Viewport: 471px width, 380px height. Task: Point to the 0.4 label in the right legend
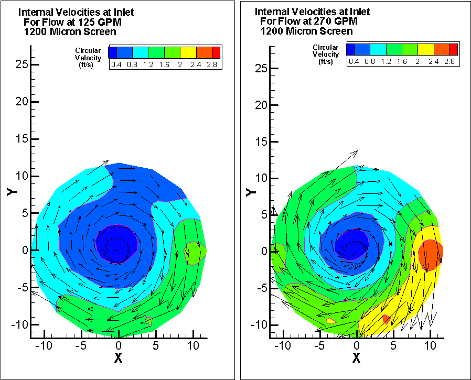coord(354,61)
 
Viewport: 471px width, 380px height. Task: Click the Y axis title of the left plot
coord(12,190)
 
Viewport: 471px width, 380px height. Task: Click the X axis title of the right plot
coord(357,358)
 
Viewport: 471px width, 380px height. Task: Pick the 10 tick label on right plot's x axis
coord(431,346)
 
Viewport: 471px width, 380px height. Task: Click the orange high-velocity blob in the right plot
coord(431,254)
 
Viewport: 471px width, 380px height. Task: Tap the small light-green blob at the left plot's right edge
coord(195,252)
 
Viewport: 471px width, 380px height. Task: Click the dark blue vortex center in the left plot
coord(117,243)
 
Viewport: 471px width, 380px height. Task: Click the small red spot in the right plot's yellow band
coord(386,319)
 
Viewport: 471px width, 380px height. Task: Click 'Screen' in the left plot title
coord(101,31)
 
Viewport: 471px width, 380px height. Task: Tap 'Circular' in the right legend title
coord(325,47)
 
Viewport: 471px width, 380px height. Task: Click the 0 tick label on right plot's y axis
coord(264,251)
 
